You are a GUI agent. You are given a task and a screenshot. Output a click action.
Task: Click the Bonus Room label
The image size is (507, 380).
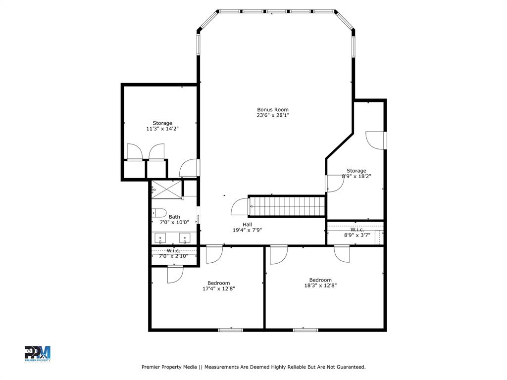[272, 110]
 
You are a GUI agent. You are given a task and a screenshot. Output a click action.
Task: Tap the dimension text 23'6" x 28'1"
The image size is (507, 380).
[272, 115]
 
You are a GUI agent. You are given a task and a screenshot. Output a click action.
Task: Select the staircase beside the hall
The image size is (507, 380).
[287, 206]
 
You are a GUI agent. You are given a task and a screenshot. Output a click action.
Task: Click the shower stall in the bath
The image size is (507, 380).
[166, 190]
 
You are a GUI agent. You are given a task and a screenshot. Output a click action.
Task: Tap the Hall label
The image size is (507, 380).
[247, 225]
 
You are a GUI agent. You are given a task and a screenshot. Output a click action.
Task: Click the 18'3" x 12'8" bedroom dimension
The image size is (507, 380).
[320, 285]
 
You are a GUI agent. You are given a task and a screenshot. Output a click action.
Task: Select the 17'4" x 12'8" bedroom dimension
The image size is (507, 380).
[218, 288]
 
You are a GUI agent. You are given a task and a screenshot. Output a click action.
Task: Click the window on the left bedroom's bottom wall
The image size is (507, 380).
[231, 330]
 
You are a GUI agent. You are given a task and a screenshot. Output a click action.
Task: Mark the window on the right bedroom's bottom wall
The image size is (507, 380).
[305, 330]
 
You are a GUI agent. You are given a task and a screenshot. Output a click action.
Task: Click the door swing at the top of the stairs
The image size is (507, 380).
[240, 207]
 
